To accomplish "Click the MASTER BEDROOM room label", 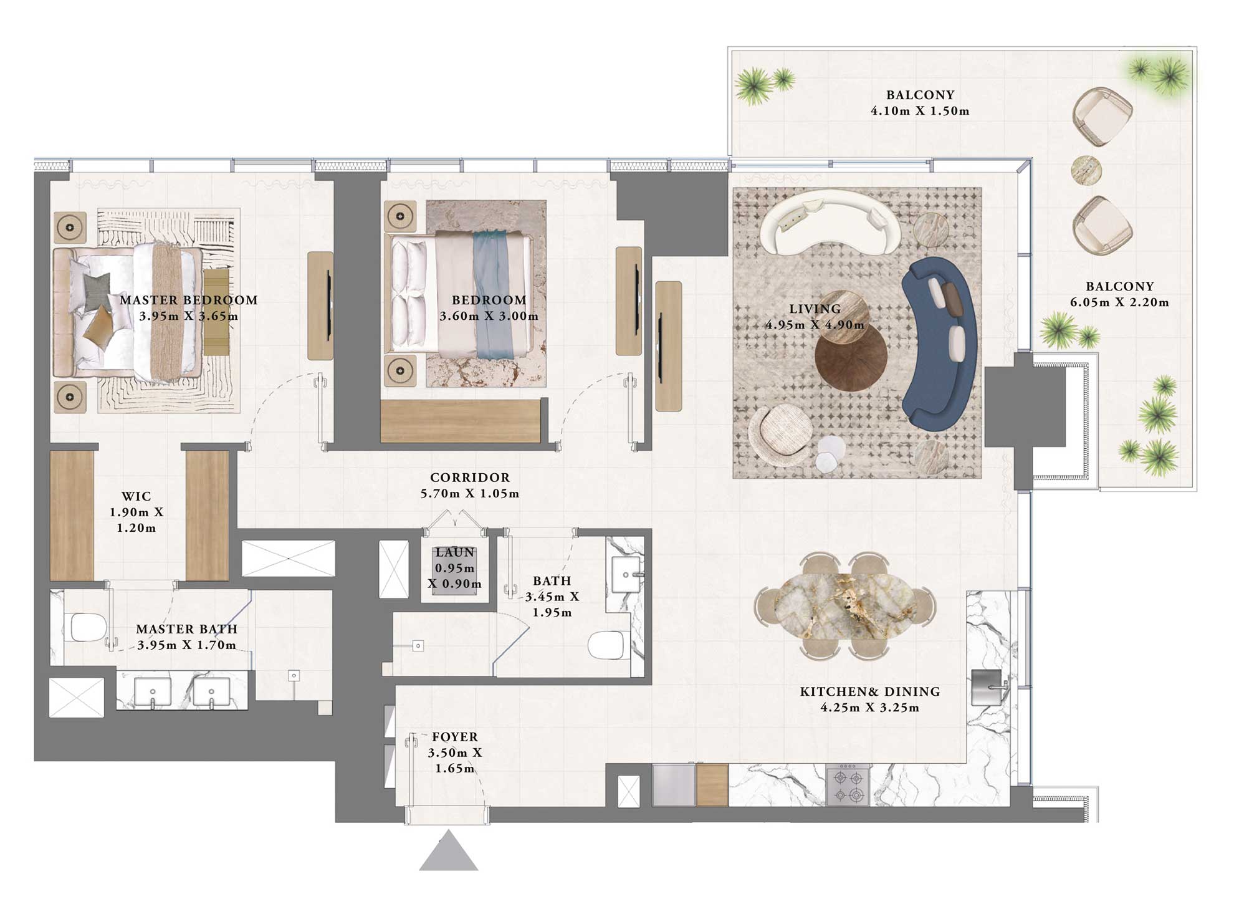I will coord(188,300).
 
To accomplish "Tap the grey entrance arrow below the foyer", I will coord(448,852).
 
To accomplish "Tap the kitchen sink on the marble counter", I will coord(987,688).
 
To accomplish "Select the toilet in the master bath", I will coord(87,627).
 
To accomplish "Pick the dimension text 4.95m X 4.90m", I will coord(815,325).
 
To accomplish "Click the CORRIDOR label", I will coord(470,478).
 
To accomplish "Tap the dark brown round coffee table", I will coord(851,358).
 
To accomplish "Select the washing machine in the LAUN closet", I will coord(455,570).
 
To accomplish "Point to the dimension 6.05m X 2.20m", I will coord(1119,302).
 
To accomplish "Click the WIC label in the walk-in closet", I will coord(136,496).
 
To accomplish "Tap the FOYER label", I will coord(455,737).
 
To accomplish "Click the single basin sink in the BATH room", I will coord(625,574).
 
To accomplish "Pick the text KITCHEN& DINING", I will coord(869,691).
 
